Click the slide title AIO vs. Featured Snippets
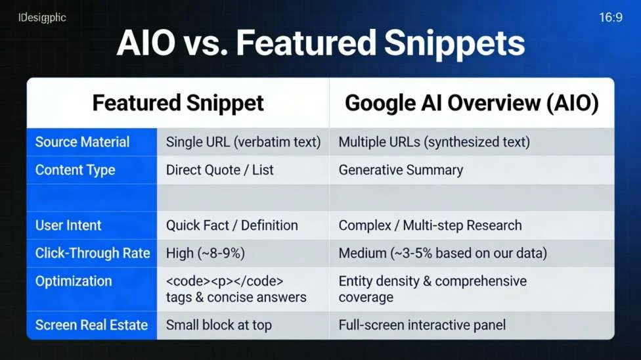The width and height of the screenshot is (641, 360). pos(320,43)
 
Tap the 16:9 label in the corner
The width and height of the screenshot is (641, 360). pos(610,18)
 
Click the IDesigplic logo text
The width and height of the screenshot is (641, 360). pos(42,18)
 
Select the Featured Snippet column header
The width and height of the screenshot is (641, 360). pos(178,103)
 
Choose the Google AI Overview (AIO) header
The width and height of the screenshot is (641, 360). pos(472,103)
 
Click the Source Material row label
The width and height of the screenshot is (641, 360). pos(82,142)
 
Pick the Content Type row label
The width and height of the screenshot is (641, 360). pos(75,170)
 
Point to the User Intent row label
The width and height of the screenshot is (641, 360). pos(68,225)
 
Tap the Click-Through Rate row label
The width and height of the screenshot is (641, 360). pos(93,253)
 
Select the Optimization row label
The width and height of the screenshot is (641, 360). pos(74,281)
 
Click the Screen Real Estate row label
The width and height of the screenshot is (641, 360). pos(91,325)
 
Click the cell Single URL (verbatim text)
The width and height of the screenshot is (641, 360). pos(243,142)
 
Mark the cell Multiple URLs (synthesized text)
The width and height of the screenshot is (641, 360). pos(434,142)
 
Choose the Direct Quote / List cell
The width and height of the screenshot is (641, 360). pos(219,170)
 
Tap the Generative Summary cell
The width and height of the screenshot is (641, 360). pos(401,170)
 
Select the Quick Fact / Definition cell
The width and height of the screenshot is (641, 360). pos(232,225)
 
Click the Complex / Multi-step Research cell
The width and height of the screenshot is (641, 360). pos(430,225)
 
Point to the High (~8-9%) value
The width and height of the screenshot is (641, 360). pos(205,253)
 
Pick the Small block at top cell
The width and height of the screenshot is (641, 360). pos(219,325)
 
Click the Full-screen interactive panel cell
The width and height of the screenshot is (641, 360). pos(422,325)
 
